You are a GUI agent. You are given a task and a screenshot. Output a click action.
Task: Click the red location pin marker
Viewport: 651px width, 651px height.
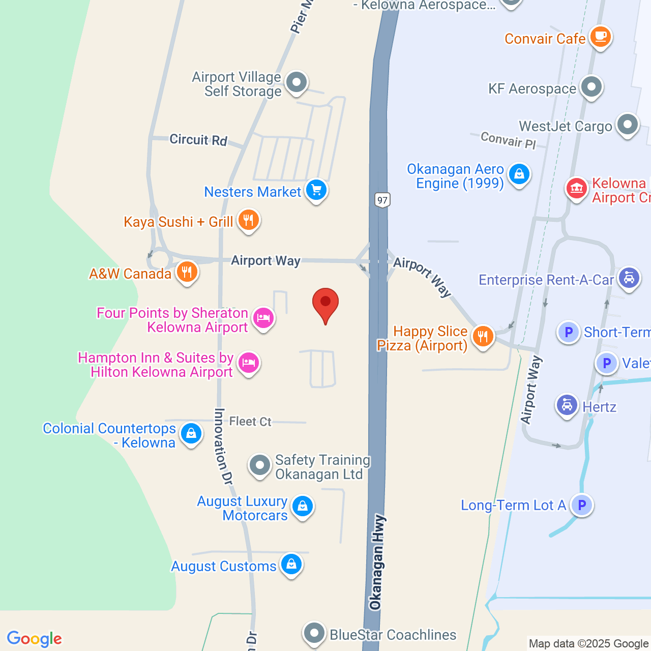tap(325, 303)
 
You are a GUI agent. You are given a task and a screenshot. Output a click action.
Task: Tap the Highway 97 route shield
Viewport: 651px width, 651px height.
tap(382, 199)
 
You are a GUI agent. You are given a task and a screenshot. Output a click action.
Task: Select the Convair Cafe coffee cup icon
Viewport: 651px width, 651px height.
tap(600, 37)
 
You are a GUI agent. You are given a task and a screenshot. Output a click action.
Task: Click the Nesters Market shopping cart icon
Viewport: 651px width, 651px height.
tap(316, 191)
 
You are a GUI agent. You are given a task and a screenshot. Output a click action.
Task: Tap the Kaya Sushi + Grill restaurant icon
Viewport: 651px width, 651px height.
tap(248, 220)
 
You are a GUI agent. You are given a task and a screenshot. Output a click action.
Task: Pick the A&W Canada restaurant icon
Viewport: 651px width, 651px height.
tap(187, 272)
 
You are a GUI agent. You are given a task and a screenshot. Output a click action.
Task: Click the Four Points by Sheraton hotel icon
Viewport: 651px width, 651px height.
tap(263, 318)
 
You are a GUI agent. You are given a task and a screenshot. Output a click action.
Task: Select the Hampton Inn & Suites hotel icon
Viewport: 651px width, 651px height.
tap(249, 363)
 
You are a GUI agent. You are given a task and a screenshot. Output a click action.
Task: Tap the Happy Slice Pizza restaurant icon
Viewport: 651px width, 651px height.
tap(483, 336)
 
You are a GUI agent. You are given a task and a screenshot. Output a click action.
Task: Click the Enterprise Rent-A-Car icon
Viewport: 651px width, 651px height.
tap(629, 278)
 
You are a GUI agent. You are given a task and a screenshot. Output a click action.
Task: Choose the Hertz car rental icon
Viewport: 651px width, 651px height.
tap(567, 405)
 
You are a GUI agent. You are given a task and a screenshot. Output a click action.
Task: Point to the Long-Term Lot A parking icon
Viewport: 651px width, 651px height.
tap(582, 505)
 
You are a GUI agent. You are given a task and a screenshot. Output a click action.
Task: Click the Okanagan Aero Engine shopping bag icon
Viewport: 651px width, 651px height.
tap(519, 174)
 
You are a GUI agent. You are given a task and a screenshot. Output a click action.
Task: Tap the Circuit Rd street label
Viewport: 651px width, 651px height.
tap(198, 140)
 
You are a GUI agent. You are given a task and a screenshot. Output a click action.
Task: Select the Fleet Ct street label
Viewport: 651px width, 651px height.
tap(250, 422)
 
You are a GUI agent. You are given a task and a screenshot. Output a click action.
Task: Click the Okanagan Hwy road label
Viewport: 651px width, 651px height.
tap(376, 562)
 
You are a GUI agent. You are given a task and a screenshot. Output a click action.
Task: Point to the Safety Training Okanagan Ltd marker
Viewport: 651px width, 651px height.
tap(260, 465)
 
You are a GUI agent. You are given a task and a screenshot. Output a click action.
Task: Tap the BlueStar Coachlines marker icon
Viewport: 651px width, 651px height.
tap(314, 634)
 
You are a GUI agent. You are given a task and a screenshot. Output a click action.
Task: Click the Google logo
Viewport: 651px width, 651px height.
tap(35, 639)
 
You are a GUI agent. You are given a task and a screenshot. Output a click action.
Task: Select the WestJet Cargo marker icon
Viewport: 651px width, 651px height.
tap(628, 124)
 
